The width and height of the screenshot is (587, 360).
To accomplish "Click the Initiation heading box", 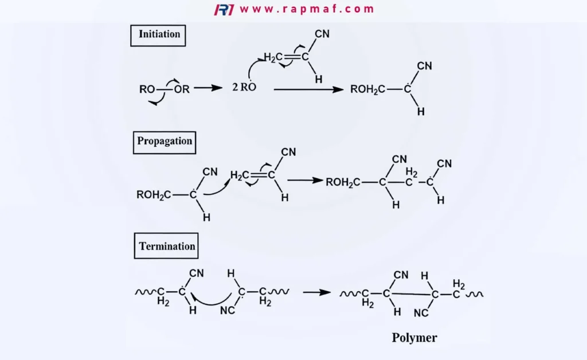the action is click(158, 36).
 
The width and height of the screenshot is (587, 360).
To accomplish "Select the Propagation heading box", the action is click(165, 143).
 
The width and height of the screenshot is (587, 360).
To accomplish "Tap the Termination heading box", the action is click(166, 246).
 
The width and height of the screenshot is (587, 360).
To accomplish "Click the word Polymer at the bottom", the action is click(414, 338).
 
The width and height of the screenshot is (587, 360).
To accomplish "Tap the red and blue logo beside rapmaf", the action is click(224, 9).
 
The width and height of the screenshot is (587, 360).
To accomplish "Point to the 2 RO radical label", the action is click(244, 87).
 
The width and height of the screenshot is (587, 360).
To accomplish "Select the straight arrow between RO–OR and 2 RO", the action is click(208, 88).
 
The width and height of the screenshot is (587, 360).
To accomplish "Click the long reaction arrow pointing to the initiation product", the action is click(308, 89).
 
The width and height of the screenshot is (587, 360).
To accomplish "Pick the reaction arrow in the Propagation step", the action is click(305, 181).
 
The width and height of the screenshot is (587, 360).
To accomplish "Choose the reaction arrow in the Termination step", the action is click(316, 292).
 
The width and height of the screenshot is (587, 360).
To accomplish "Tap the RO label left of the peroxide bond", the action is click(147, 89).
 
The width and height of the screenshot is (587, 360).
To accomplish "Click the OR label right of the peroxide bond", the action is click(182, 89).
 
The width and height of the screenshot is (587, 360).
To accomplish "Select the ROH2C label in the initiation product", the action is click(367, 89).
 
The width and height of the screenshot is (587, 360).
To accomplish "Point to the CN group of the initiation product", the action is click(425, 66).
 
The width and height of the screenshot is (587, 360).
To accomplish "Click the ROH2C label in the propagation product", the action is click(343, 182).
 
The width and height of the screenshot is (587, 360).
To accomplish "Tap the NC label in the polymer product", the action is click(421, 313).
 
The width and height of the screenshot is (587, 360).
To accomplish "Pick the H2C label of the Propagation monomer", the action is click(240, 175).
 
